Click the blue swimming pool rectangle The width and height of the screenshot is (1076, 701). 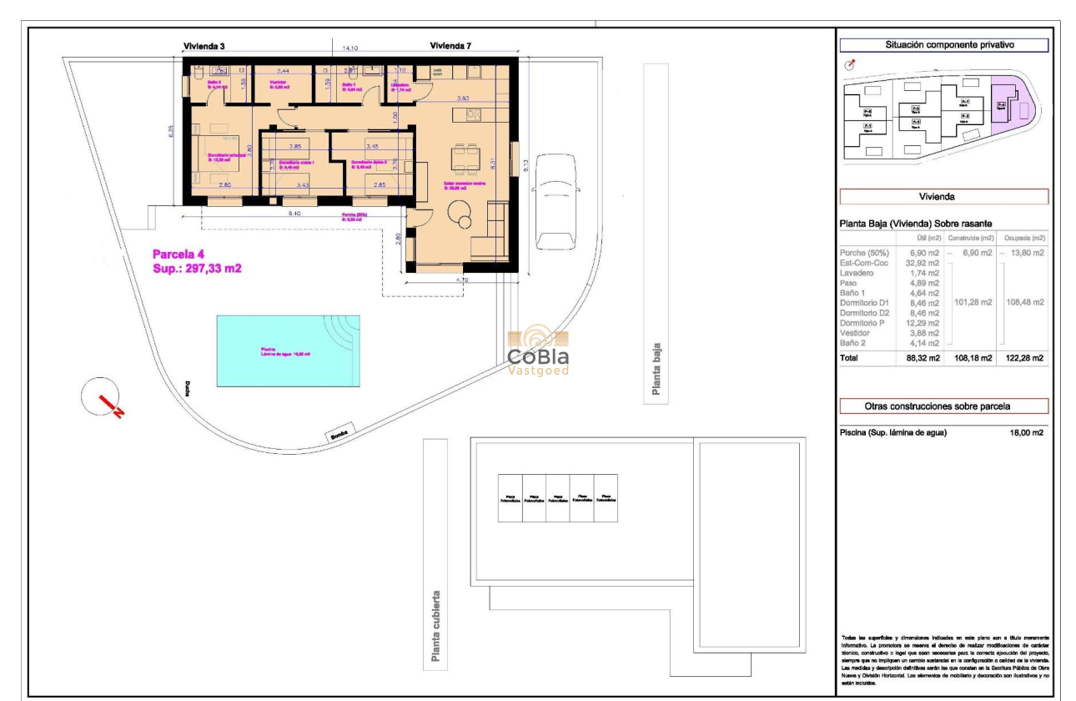288,350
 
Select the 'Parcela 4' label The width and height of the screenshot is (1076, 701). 178,255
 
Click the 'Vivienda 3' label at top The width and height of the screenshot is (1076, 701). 204,46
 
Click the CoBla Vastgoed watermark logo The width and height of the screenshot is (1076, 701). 538,351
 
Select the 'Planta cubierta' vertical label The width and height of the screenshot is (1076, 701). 435,626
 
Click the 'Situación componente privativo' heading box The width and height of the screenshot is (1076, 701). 943,46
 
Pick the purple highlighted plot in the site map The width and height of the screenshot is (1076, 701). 1010,103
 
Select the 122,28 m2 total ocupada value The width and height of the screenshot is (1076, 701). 1026,358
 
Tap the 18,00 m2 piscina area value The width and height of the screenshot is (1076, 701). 1026,432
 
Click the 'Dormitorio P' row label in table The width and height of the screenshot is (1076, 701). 864,323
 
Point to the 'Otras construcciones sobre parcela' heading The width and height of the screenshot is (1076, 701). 943,406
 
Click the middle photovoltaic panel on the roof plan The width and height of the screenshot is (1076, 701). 558,498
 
